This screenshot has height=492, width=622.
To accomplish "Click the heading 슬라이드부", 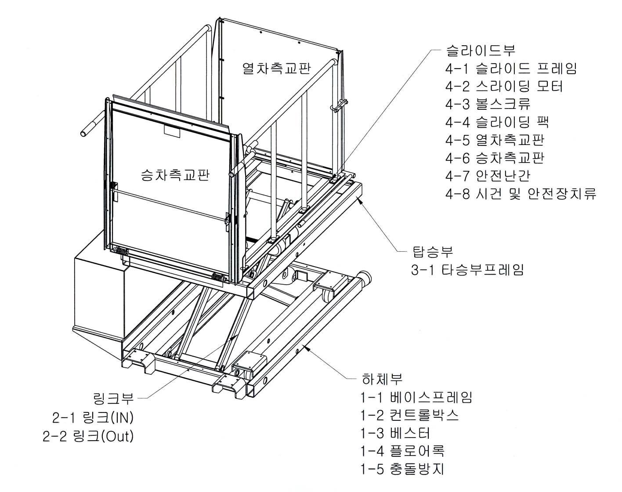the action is pos(481,51).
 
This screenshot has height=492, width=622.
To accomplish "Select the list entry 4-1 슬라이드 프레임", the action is pos(511,69).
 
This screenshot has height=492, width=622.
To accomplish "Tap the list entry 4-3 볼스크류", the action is pos(488,104).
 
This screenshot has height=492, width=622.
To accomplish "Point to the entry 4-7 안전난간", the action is pos(488,176).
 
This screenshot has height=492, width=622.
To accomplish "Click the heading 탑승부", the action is pos(432,252).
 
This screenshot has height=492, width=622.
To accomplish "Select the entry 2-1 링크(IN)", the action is pos(93,417).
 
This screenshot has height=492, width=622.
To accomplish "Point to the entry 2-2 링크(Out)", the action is pos(88,436).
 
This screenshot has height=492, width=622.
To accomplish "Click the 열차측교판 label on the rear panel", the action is pos(277,69).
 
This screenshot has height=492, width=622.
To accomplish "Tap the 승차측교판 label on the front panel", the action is pos(175,175).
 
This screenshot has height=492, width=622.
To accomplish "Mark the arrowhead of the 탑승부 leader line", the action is pos(360,199).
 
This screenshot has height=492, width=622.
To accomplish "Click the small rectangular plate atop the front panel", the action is pos(172,131).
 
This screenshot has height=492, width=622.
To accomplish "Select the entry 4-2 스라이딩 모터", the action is pos(504,87).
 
